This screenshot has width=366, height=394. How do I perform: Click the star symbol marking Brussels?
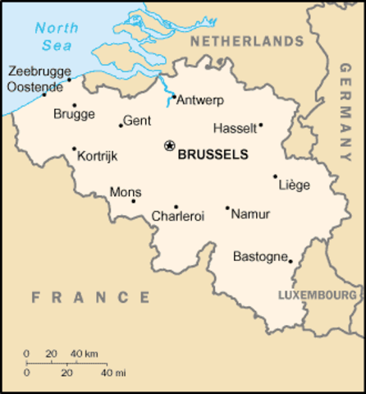point(170,145)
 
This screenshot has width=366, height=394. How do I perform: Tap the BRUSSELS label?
point(213,153)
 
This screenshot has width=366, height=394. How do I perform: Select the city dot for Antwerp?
point(174,95)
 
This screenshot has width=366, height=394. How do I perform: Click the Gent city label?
point(137,120)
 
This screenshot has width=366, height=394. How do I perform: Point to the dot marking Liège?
point(275,176)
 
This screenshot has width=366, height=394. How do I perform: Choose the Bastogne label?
point(259,256)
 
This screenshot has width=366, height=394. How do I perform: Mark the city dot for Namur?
point(227,208)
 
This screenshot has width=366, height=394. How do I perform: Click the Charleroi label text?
point(178,217)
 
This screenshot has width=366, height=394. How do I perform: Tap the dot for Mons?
point(134,201)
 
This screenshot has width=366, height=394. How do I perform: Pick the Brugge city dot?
point(74,105)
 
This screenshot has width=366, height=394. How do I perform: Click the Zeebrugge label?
point(39,71)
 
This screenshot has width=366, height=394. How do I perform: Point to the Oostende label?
point(37,85)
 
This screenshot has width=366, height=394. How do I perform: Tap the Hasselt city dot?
point(261,126)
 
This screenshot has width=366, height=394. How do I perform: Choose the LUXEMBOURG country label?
point(318,294)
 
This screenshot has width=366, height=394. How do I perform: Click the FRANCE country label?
point(91,296)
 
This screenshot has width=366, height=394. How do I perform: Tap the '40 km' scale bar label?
point(85,354)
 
